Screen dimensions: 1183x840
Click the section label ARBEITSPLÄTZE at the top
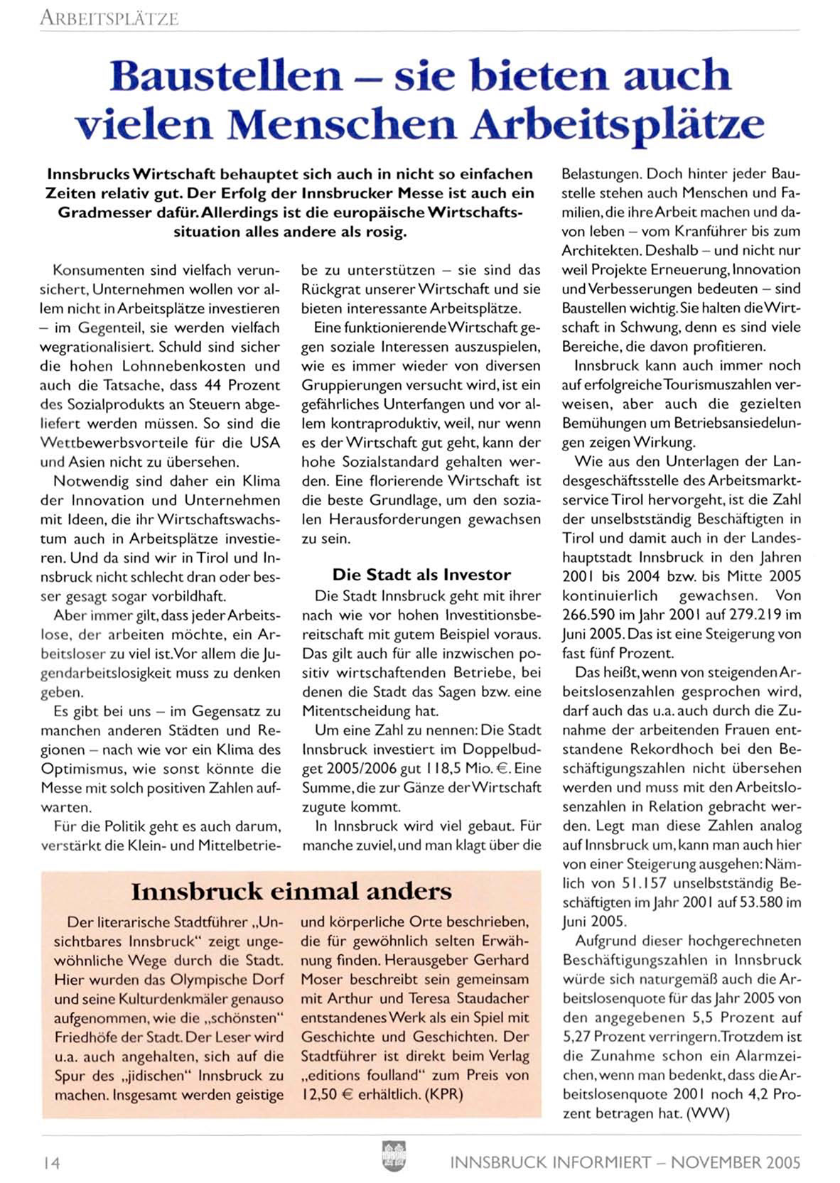109,18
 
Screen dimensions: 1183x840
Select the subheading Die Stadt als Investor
421,574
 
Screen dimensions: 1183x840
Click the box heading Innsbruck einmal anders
291,891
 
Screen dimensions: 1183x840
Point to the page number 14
51,1162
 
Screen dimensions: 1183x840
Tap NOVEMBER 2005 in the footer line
736,1162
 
